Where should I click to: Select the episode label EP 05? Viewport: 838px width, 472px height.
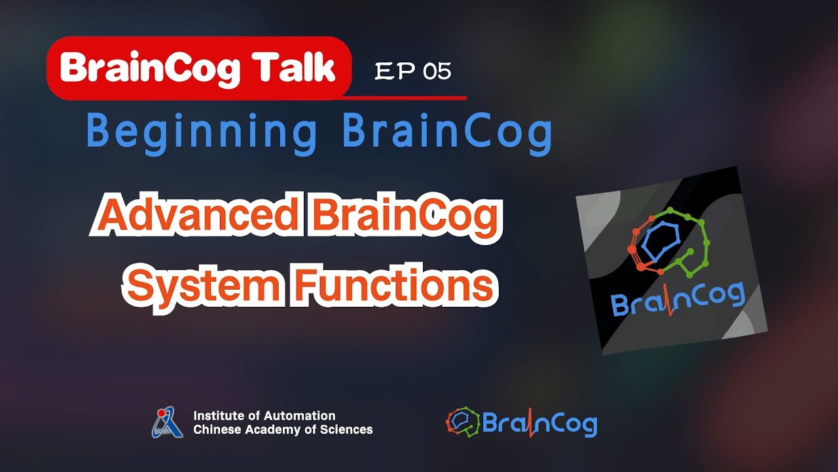(x=412, y=71)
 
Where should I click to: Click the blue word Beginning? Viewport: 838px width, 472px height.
(x=202, y=132)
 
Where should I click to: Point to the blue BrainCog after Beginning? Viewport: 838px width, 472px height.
(x=447, y=132)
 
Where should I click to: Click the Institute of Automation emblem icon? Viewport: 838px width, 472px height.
(x=168, y=423)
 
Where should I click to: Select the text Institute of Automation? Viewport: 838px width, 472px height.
(x=264, y=416)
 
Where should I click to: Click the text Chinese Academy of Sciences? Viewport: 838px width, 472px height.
(x=283, y=430)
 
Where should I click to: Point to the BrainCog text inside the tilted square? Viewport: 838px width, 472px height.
(x=678, y=300)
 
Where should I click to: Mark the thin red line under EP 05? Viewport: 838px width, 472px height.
(x=406, y=98)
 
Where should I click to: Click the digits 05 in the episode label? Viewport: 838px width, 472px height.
(x=437, y=71)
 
